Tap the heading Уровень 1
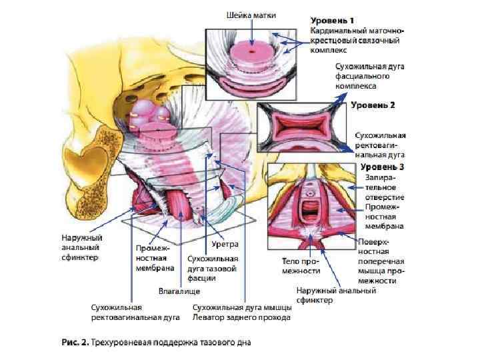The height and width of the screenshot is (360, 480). tap(334, 21)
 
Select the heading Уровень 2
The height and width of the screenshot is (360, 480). tap(374, 105)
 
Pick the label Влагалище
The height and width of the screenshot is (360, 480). tap(179, 291)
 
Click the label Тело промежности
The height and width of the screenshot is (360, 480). tap(296, 266)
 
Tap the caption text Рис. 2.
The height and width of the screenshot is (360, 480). tap(75, 343)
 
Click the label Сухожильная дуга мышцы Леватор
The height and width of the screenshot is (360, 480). tap(241, 313)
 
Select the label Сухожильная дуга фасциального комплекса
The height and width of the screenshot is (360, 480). tap(366, 77)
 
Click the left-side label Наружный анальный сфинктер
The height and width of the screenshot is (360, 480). tap(81, 247)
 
